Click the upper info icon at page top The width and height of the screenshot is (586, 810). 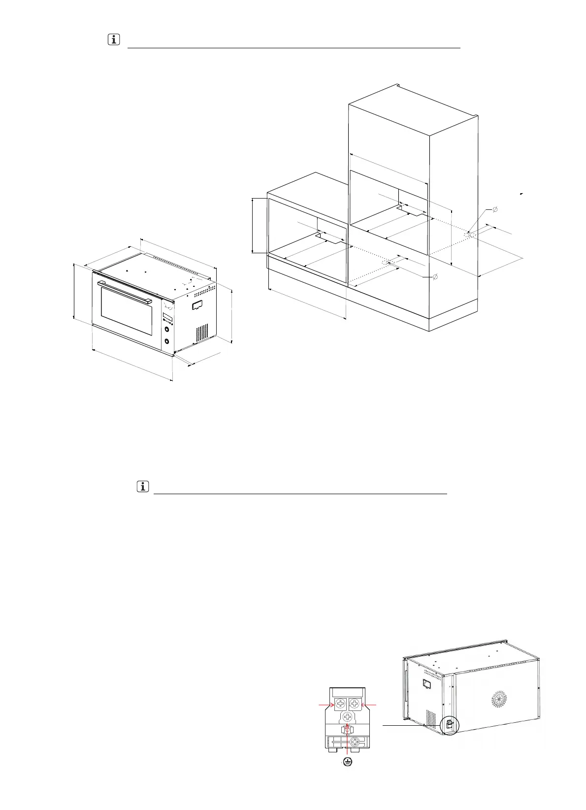pos(113,40)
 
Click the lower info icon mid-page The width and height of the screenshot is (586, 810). pos(142,487)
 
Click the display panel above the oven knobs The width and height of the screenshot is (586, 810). pos(167,316)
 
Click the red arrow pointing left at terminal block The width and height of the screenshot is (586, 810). pos(370,706)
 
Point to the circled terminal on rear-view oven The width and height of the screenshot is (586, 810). pos(449,725)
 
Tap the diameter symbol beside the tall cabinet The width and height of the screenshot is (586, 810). pos(495,210)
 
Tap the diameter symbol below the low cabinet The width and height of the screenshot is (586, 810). pos(434,277)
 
